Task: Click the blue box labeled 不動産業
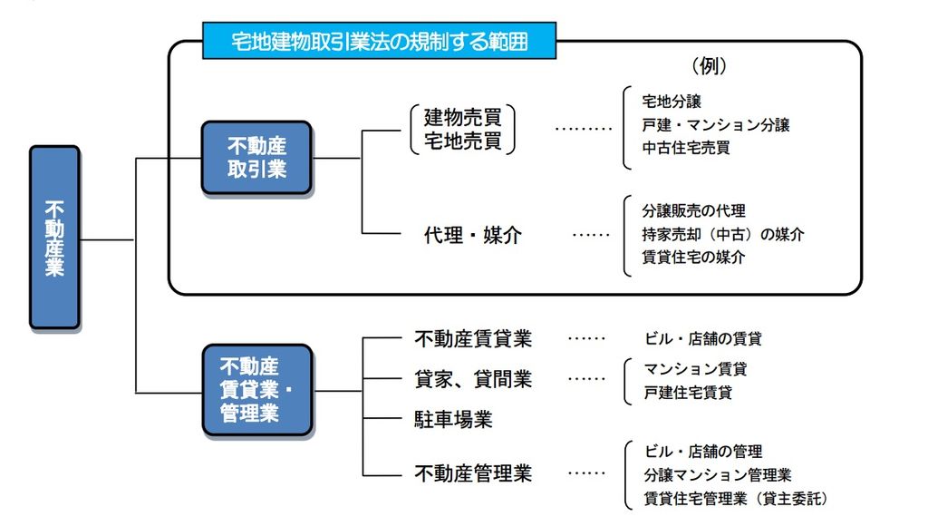54,238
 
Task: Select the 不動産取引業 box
256,158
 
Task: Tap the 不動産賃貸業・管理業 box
256,390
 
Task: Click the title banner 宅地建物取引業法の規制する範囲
379,41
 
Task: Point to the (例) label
709,65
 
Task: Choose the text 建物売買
463,117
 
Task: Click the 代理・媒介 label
472,235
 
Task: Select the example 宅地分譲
672,102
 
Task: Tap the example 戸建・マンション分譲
716,125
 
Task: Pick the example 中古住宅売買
686,148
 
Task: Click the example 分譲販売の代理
693,211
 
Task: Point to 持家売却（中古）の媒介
722,235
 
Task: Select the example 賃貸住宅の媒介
693,257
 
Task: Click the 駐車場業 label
453,419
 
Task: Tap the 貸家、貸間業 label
473,379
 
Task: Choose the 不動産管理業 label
473,473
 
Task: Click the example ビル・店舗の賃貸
702,339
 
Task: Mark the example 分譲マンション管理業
718,475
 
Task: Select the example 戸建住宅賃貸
688,392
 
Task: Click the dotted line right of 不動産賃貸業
586,339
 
